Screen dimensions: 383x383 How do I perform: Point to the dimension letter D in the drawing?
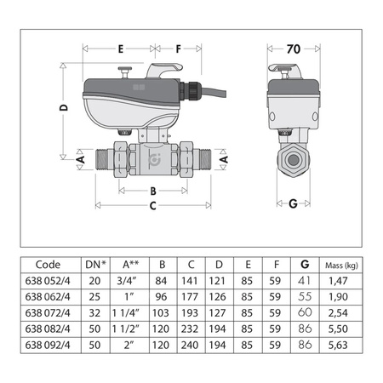coord(64,107)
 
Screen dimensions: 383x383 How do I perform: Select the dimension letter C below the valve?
coord(152,205)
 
